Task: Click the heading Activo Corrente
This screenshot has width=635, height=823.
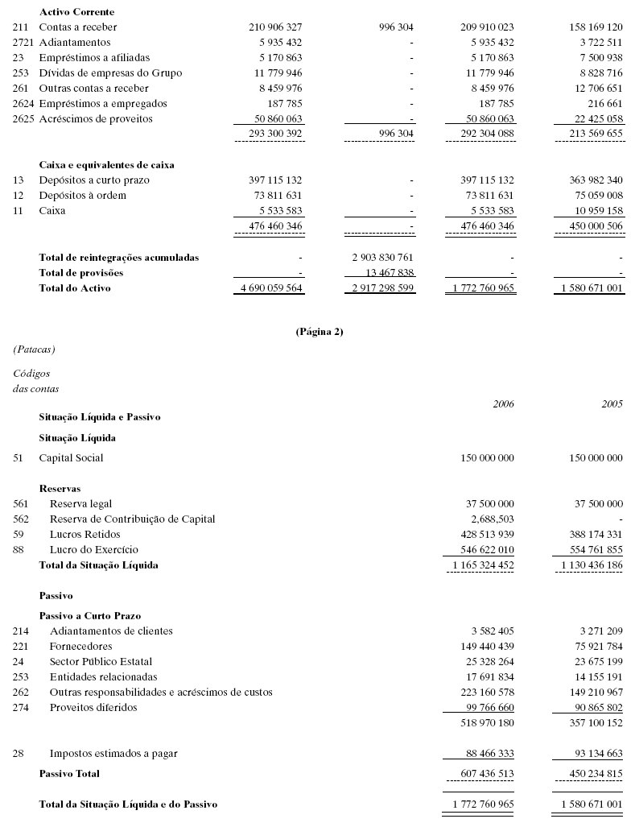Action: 76,12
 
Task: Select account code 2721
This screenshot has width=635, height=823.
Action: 24,42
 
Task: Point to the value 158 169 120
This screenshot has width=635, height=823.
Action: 596,27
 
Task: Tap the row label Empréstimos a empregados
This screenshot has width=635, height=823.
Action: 103,103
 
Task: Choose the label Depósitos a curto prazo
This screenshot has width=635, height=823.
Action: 94,180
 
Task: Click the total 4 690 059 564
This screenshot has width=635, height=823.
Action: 268,288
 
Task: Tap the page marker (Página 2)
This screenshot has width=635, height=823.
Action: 320,331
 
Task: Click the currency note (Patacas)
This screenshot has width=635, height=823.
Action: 34,349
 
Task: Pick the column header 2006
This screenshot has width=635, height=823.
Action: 503,403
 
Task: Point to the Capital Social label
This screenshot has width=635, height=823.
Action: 71,458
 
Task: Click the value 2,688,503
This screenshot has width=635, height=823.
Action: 486,519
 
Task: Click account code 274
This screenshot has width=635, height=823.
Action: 21,708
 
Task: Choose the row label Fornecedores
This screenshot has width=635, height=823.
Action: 80,647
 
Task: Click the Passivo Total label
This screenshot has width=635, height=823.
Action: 69,774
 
